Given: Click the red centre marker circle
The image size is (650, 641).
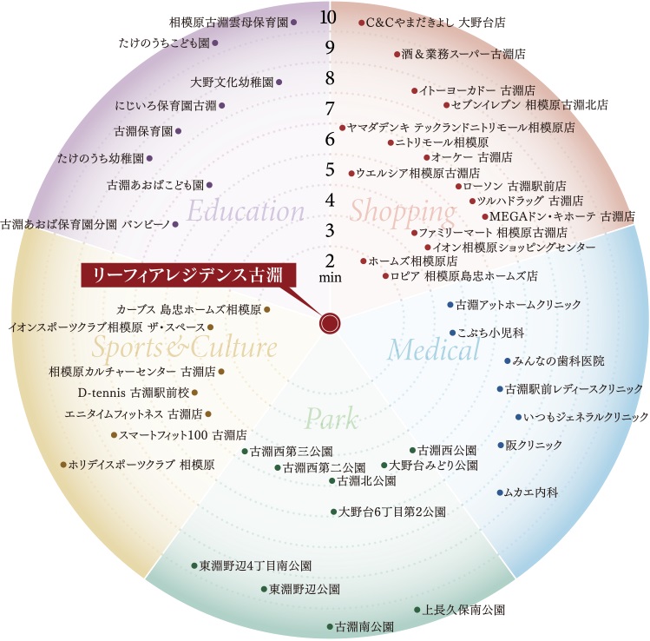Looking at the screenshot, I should coord(329,323).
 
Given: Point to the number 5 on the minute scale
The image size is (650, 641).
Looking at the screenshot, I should coord(329,169).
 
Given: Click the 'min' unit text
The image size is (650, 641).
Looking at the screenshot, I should coord(331,278).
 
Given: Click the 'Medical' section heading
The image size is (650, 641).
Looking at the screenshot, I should coord(433,350).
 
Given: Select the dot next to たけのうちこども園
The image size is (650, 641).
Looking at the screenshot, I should coord(215,42).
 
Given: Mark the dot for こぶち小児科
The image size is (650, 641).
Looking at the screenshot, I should coord(452,332).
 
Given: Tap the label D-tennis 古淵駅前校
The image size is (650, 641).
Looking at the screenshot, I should coord(133,393).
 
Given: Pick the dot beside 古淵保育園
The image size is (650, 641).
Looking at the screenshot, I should coord(179,131).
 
